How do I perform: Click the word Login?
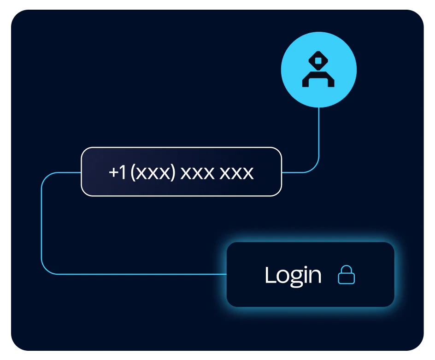tap(293, 276)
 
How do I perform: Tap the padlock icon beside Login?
tap(346, 275)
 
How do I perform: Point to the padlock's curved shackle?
tap(346, 269)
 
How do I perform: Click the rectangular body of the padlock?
tap(346, 279)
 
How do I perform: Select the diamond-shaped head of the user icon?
tap(318, 60)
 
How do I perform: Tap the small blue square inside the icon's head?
tap(318, 60)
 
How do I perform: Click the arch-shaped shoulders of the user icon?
tap(318, 79)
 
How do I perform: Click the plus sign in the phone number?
tap(114, 172)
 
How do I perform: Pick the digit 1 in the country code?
tap(123, 172)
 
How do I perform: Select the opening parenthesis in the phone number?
tap(133, 172)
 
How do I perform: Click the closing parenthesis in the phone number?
tap(173, 172)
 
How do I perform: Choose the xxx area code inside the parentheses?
tap(153, 173)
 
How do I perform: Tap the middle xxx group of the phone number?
tap(197, 173)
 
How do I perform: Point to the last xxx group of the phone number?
tap(236, 173)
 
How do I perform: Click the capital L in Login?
tap(270, 275)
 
